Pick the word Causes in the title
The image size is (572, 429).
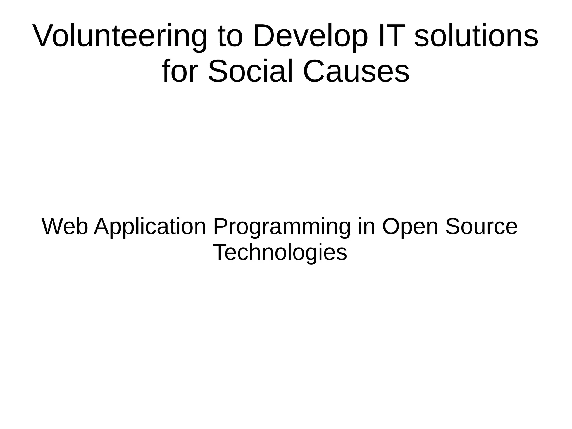click(356, 71)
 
